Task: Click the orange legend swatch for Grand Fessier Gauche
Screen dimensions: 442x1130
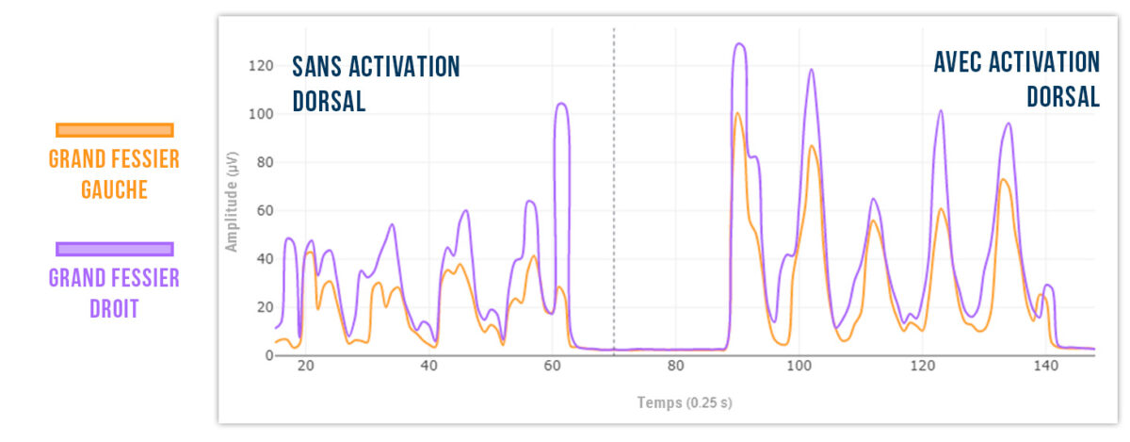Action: (x=115, y=130)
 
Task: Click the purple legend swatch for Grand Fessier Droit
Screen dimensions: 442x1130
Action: (x=115, y=249)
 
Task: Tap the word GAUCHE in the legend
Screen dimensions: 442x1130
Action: (x=113, y=189)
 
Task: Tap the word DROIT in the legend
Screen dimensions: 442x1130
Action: (x=113, y=308)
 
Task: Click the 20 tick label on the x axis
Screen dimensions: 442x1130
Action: (x=305, y=368)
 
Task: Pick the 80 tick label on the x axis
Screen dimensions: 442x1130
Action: (x=675, y=368)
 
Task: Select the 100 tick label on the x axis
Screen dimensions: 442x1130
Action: (x=799, y=368)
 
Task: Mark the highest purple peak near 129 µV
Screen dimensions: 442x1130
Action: (x=740, y=43)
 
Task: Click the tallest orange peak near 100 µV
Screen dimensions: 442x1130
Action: (x=737, y=113)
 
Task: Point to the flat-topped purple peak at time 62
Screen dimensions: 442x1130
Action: (x=561, y=104)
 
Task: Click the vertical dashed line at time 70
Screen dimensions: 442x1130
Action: (x=614, y=188)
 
